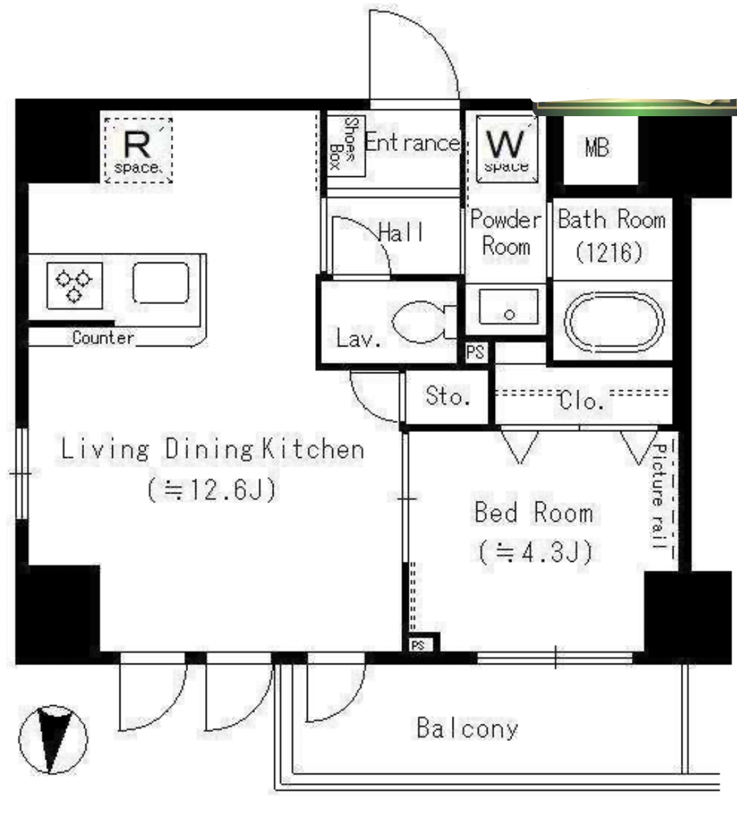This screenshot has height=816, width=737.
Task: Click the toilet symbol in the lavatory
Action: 422,323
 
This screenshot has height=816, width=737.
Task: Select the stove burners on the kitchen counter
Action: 75,286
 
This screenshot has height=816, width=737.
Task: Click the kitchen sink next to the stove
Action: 161,282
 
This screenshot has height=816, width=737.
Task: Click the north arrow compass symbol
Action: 53,739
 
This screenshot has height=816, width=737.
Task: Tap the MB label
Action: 596,148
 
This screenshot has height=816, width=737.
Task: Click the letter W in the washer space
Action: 505,144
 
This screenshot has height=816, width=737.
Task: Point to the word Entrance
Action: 412,142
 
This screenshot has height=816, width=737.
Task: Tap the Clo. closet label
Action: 581,400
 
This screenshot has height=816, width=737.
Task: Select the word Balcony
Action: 468,729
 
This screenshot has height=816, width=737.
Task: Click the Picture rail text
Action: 660,497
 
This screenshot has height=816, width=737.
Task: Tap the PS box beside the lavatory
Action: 474,353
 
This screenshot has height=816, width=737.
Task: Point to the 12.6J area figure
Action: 212,489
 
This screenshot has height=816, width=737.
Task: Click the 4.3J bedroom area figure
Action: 535,552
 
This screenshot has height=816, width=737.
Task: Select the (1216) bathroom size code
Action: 609,252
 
